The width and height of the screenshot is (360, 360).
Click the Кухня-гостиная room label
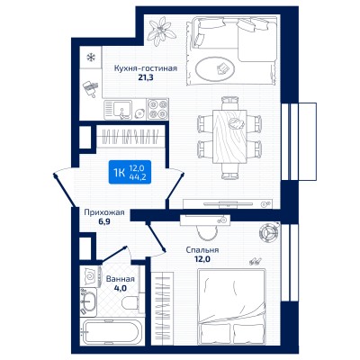(x=146, y=68)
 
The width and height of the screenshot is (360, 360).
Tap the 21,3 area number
(x=146, y=78)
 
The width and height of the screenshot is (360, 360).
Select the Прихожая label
(x=104, y=212)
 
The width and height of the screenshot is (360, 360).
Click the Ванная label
(x=121, y=279)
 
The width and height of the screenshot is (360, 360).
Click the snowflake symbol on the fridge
(x=91, y=57)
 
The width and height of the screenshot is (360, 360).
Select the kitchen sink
(x=118, y=110)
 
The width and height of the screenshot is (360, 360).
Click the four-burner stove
(x=157, y=109)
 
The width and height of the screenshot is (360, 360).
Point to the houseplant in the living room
(x=161, y=31)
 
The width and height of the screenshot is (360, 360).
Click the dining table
(x=229, y=137)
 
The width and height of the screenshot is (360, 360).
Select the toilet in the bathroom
(x=132, y=302)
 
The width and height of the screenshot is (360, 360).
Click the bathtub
(x=112, y=333)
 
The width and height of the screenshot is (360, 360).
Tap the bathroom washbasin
(x=88, y=301)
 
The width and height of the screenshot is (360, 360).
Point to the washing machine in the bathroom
(x=89, y=275)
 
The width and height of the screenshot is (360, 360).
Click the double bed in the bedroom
(x=231, y=307)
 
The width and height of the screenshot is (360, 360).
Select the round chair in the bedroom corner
(x=268, y=231)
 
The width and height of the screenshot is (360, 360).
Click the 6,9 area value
(x=102, y=222)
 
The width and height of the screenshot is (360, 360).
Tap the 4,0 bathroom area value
(x=121, y=289)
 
